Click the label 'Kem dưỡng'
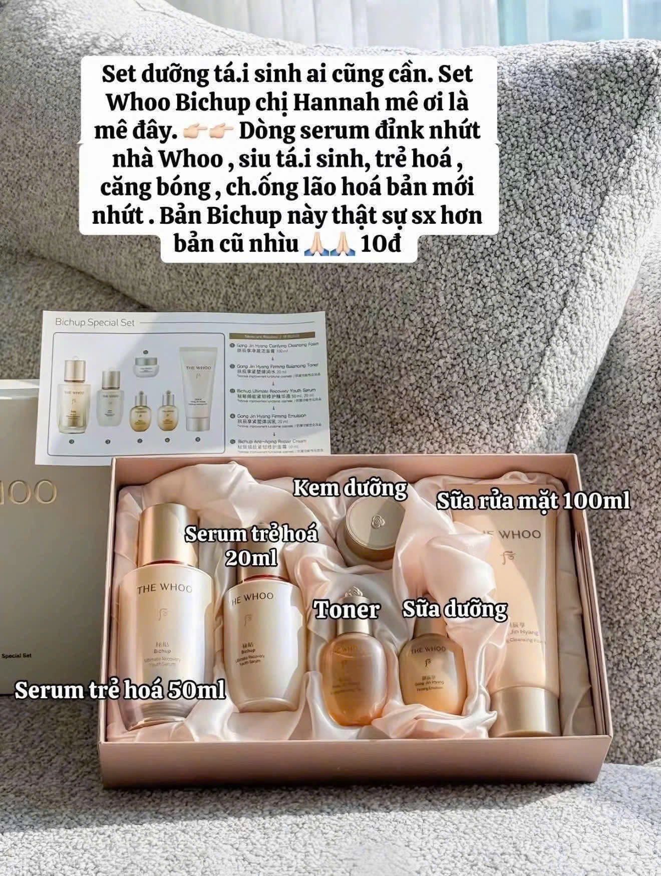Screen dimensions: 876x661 349,488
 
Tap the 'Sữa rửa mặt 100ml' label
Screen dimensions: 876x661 533,501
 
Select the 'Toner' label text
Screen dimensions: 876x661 346,610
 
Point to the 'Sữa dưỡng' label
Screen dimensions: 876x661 455,609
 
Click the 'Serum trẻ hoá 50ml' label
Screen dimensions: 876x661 120,691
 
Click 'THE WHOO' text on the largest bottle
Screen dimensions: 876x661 164,589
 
